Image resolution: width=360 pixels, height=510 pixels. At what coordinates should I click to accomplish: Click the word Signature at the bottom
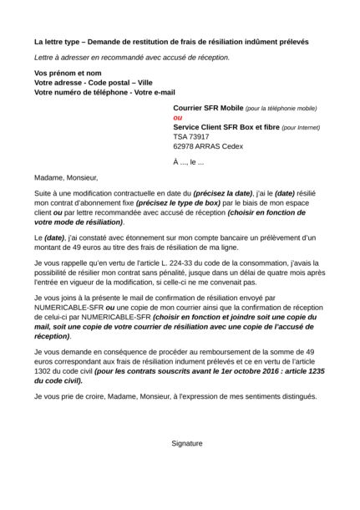pos(186,443)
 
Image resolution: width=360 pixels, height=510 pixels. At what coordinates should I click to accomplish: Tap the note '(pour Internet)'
pos(300,127)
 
